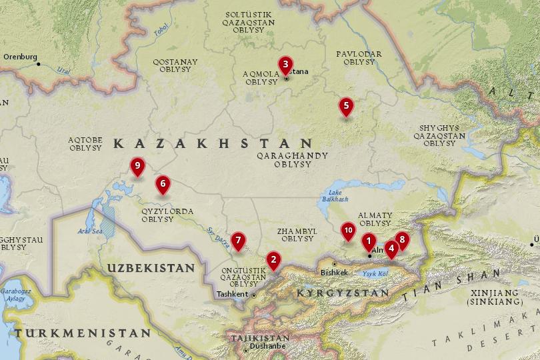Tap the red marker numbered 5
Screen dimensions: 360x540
pos(345,105)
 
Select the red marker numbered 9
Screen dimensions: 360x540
pos(137,165)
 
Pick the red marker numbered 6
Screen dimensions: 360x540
pos(163,183)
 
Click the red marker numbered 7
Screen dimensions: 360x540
pos(238,240)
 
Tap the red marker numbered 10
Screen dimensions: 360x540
pos(347,230)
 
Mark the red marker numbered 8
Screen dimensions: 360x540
pos(401,239)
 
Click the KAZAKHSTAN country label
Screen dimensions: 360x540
pos(213,143)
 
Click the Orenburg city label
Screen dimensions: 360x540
pos(21,57)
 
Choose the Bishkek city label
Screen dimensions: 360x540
pos(334,272)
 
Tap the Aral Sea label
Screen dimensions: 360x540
pos(89,231)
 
